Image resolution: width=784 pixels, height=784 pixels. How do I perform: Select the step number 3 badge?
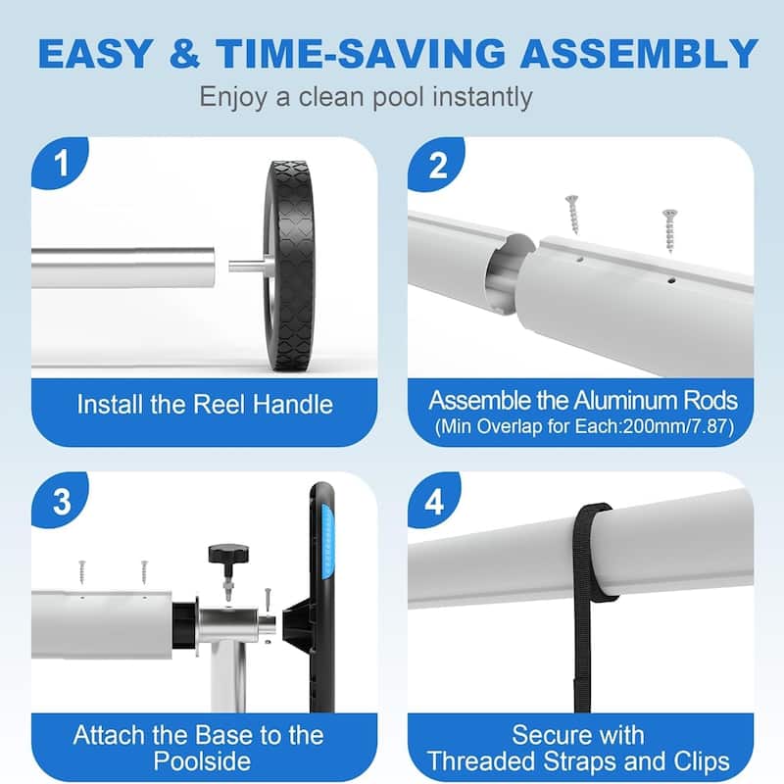62,503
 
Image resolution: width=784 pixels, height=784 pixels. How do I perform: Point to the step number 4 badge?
438,503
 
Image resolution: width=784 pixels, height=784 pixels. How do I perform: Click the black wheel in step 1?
293,267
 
